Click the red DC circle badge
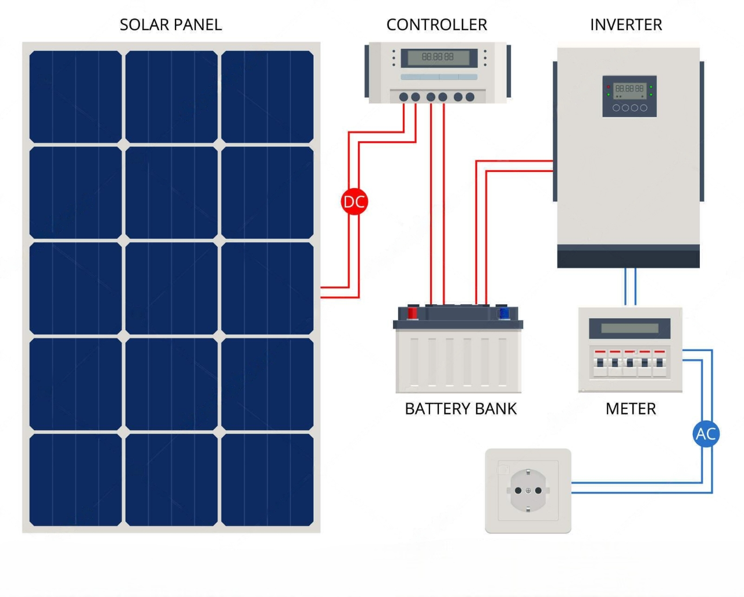(x=354, y=202)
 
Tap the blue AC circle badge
(x=706, y=434)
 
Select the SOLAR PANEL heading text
(x=170, y=25)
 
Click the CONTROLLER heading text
(x=437, y=25)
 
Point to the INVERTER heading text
(x=626, y=25)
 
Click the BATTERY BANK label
(x=460, y=409)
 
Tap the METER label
(x=631, y=409)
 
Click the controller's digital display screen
(x=438, y=57)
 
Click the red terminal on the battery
(x=412, y=313)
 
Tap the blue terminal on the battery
(x=504, y=314)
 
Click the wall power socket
(x=528, y=491)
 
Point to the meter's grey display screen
(x=629, y=328)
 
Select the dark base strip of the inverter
(x=628, y=256)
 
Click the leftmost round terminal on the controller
(x=403, y=97)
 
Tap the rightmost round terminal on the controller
(x=470, y=97)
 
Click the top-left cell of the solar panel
(x=76, y=96)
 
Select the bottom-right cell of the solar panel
(x=267, y=480)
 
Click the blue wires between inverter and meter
(x=630, y=287)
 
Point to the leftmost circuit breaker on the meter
(x=600, y=363)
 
